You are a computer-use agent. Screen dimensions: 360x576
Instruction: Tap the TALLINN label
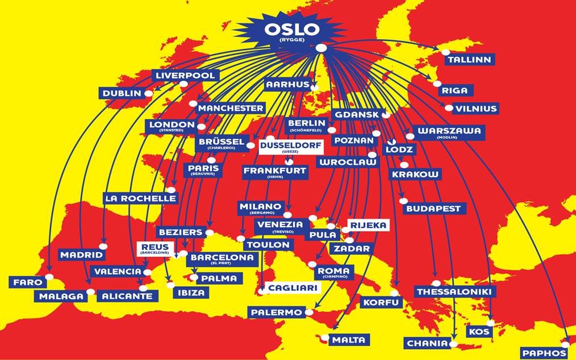[x=469, y=60]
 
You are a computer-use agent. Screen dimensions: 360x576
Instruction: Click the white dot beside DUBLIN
[x=149, y=93]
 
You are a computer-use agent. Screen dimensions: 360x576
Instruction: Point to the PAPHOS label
[x=544, y=353]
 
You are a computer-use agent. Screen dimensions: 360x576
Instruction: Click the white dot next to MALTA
[x=324, y=338]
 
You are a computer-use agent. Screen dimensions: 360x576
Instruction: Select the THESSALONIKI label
[x=456, y=292]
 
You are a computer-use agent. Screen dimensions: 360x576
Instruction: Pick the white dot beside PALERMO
[x=309, y=312]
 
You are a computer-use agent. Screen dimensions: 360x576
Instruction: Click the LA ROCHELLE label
[x=140, y=198]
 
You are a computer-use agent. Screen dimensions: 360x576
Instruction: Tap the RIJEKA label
[x=369, y=225]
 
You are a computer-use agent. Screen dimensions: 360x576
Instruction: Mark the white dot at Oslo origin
[x=321, y=48]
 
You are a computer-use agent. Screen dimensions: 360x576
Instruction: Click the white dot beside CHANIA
[x=453, y=344]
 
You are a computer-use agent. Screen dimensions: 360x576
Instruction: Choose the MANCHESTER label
[x=231, y=108]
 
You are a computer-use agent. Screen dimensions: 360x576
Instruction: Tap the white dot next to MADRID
[x=103, y=246]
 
